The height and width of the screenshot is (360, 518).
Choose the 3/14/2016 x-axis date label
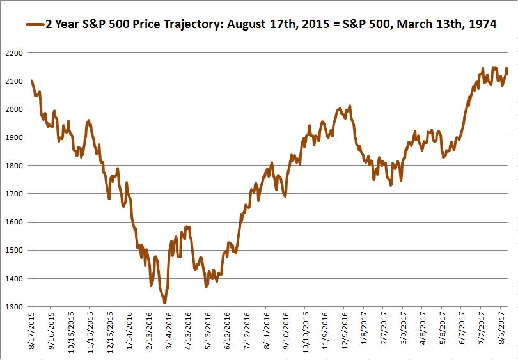point(169,331)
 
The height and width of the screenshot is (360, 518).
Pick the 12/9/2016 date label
point(345,331)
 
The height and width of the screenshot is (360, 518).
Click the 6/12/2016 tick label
point(228,331)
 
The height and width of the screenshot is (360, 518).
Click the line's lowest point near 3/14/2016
point(165,303)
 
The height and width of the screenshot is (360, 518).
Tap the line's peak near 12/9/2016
point(349,106)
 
